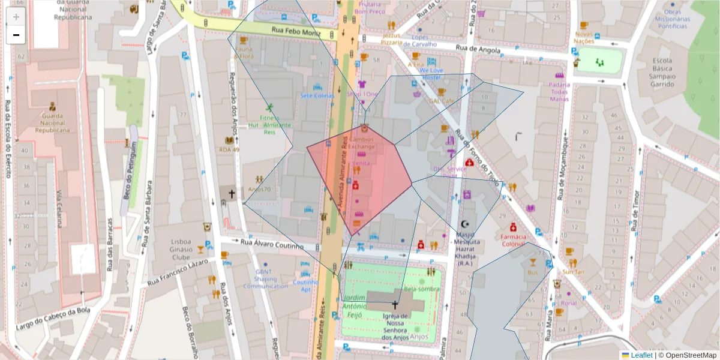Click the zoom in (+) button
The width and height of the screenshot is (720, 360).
click(x=16, y=17)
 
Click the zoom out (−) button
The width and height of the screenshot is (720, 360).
click(x=16, y=35)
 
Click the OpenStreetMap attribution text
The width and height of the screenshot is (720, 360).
click(x=689, y=355)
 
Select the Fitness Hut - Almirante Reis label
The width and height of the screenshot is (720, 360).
click(x=270, y=125)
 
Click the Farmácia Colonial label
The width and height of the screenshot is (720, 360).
click(x=513, y=240)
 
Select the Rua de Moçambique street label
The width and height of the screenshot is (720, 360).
click(x=563, y=168)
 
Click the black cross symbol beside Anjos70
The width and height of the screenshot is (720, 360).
click(x=231, y=194)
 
